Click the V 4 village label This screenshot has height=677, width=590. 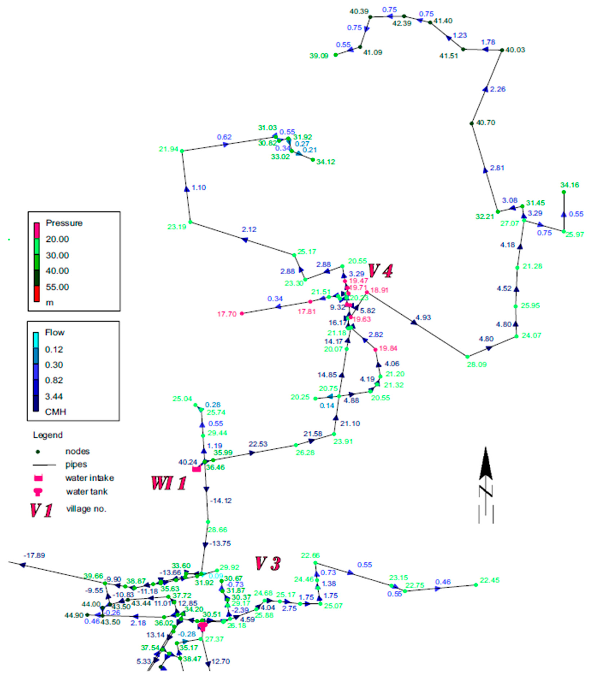pos(380,271)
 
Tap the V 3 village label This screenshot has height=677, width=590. pos(268,564)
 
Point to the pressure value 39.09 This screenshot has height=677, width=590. pos(319,56)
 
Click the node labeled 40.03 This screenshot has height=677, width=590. pos(502,50)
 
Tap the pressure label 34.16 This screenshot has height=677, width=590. pos(570,185)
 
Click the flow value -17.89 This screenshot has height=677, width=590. pos(34,555)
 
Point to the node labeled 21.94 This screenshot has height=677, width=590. pos(182,151)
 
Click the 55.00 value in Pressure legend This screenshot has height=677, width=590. pos(57,287)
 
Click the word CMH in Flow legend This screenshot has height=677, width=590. pos(55,412)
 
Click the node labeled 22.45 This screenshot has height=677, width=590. pos(476,585)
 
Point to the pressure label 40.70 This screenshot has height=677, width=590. pos(486,123)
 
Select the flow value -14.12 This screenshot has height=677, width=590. pos(221,501)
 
